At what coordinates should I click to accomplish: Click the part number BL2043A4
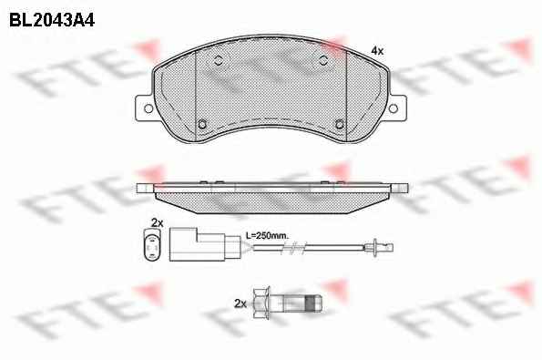[x=52, y=20]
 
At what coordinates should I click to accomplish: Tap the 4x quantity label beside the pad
[x=377, y=51]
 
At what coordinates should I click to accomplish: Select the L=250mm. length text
[x=267, y=236]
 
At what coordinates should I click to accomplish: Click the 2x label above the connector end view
[x=157, y=223]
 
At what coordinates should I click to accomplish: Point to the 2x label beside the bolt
[x=240, y=304]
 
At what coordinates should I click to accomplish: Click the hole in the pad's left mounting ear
[x=148, y=108]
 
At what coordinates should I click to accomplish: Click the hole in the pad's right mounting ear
[x=393, y=108]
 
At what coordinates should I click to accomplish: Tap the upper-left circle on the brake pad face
[x=218, y=60]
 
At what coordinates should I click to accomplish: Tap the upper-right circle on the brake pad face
[x=323, y=60]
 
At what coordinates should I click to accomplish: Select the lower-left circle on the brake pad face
[x=202, y=124]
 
